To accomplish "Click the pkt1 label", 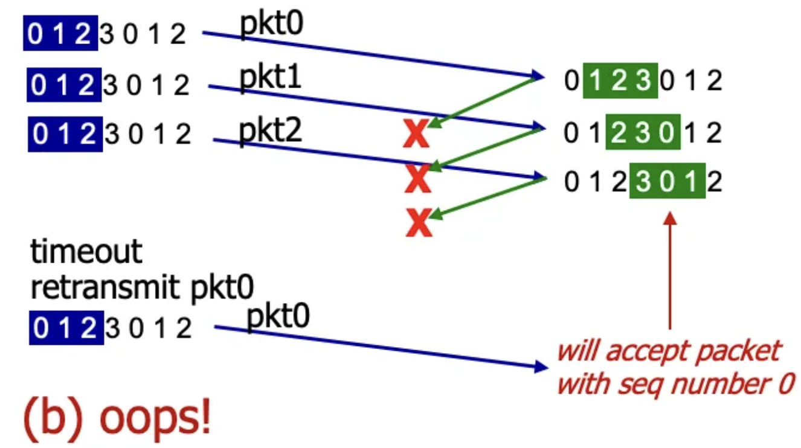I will coord(270,79).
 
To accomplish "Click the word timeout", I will coord(86,251).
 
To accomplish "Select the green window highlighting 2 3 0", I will coord(643,131).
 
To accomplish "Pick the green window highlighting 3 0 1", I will coord(667,181).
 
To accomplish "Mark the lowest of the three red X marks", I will coord(419,224).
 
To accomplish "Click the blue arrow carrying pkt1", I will coord(375,107).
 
